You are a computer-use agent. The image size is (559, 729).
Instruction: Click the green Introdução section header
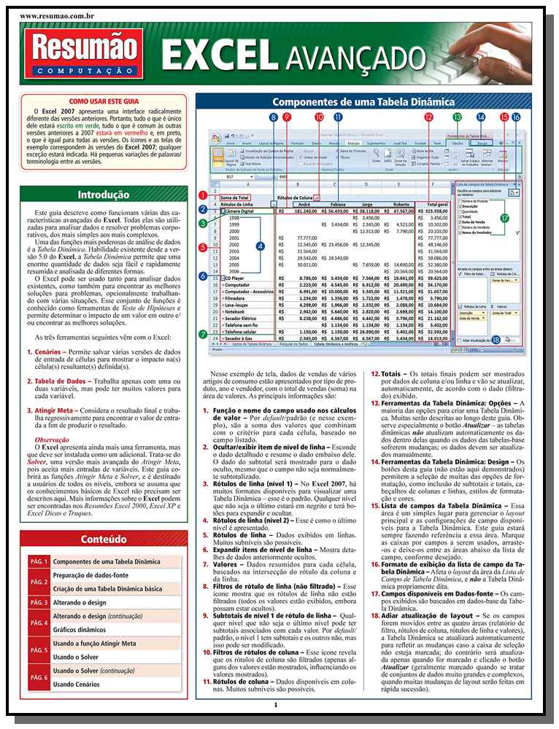point(103,195)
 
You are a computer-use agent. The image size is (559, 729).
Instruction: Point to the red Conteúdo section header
point(103,520)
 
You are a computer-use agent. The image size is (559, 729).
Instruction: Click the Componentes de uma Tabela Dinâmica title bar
point(363,102)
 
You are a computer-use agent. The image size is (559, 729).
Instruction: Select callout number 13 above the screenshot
point(457,117)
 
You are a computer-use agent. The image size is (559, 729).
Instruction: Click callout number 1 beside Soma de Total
point(201,195)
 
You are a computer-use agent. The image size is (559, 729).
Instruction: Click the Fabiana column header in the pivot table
point(336,206)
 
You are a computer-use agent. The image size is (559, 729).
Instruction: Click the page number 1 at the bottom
point(276,704)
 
